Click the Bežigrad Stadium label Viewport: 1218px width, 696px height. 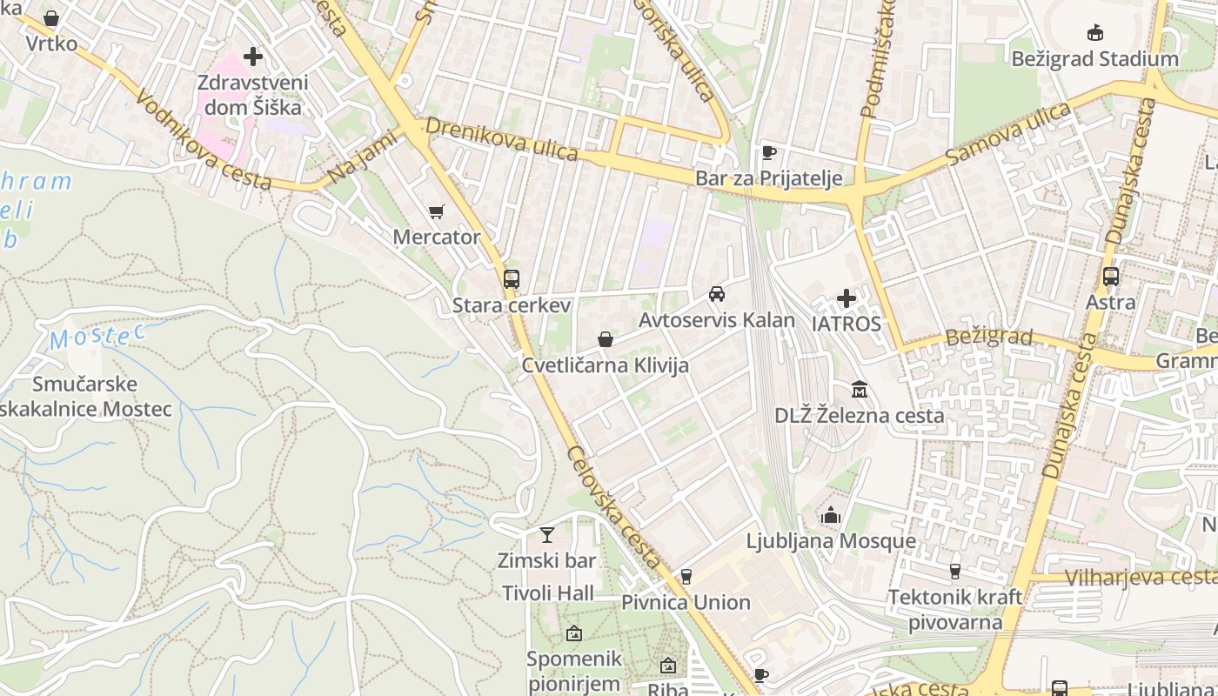[1094, 59]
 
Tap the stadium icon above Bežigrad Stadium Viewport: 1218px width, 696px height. [1095, 33]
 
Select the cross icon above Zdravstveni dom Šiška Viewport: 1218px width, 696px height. [253, 57]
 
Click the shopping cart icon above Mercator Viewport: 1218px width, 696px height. [437, 211]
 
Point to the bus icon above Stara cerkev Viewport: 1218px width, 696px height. [512, 279]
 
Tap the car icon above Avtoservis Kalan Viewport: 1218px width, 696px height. [717, 294]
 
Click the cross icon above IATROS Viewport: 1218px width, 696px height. [847, 299]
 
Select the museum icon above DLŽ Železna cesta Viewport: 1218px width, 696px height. [860, 389]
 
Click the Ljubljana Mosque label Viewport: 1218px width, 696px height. [831, 541]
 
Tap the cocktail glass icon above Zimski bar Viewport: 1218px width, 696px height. [547, 534]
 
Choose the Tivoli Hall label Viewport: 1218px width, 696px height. [548, 593]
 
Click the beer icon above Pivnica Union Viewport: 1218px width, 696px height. [686, 576]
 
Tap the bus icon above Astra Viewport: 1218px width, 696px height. [1111, 277]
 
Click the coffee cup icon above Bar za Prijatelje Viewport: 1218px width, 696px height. [768, 153]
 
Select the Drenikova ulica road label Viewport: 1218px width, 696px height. [502, 139]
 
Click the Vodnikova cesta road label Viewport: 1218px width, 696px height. [204, 143]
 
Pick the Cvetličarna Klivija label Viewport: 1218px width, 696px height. [605, 365]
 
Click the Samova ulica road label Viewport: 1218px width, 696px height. [1008, 133]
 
